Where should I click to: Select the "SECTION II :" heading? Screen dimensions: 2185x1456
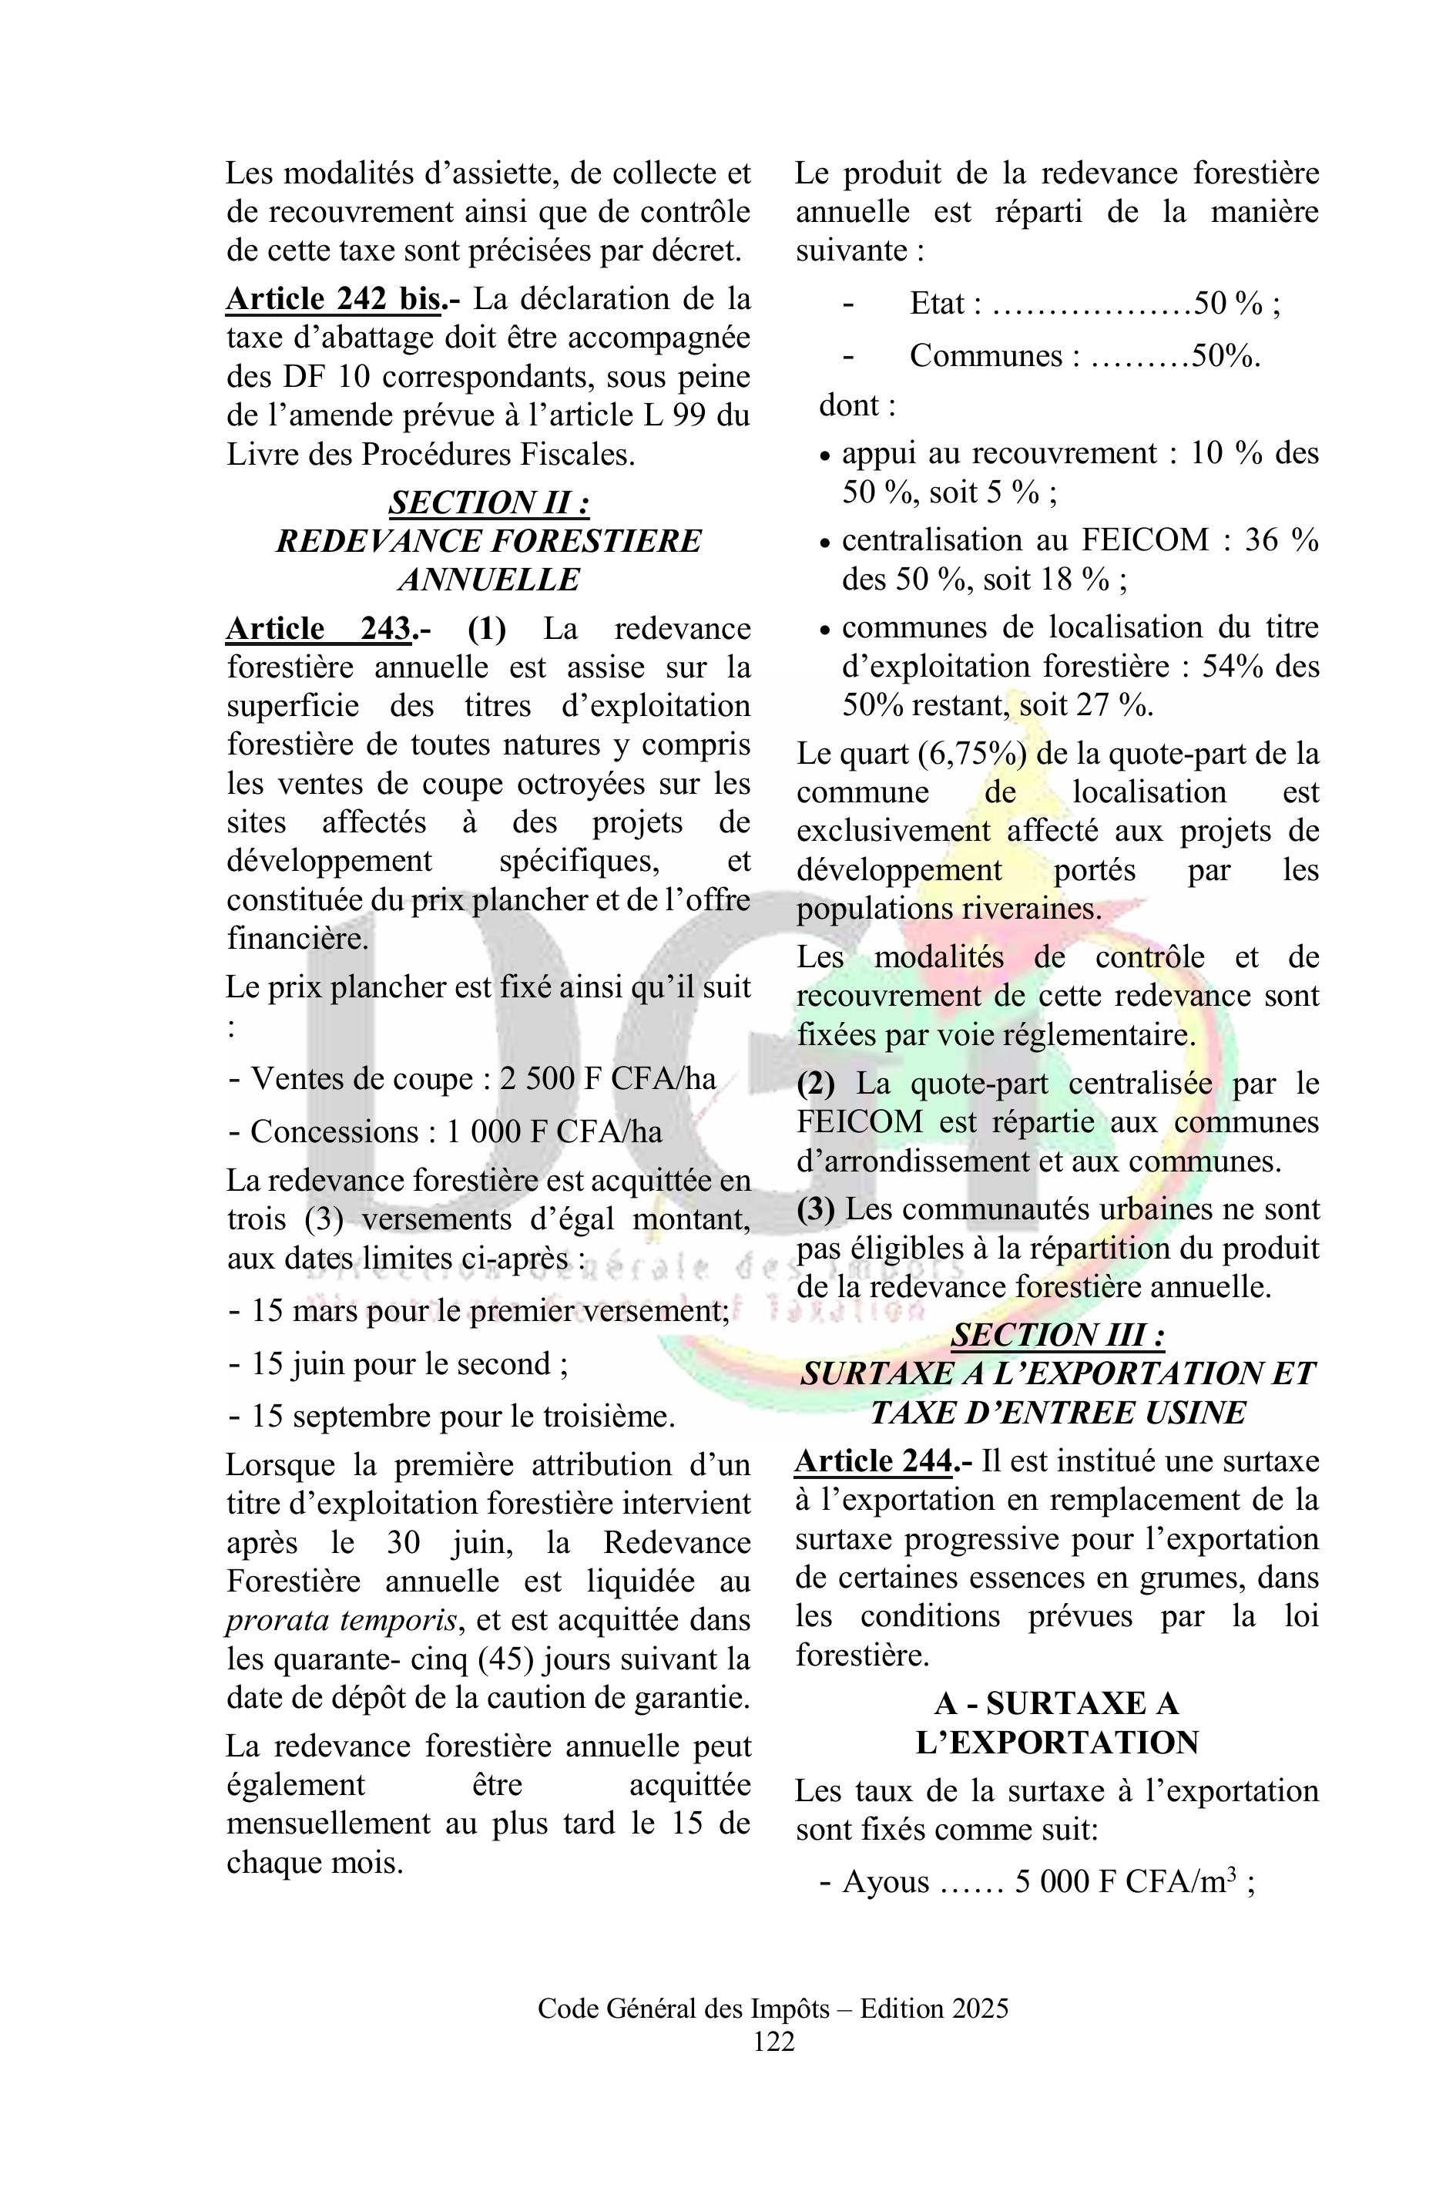tap(488, 503)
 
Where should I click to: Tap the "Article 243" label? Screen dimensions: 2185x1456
tap(318, 629)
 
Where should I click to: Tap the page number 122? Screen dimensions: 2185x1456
tap(773, 2041)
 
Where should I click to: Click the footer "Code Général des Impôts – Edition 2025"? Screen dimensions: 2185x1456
tap(773, 2009)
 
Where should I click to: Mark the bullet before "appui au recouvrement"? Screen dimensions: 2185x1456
tap(826, 457)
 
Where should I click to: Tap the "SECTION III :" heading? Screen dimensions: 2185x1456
tap(1058, 1335)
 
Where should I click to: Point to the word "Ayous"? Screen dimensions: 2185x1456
tap(885, 1882)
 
